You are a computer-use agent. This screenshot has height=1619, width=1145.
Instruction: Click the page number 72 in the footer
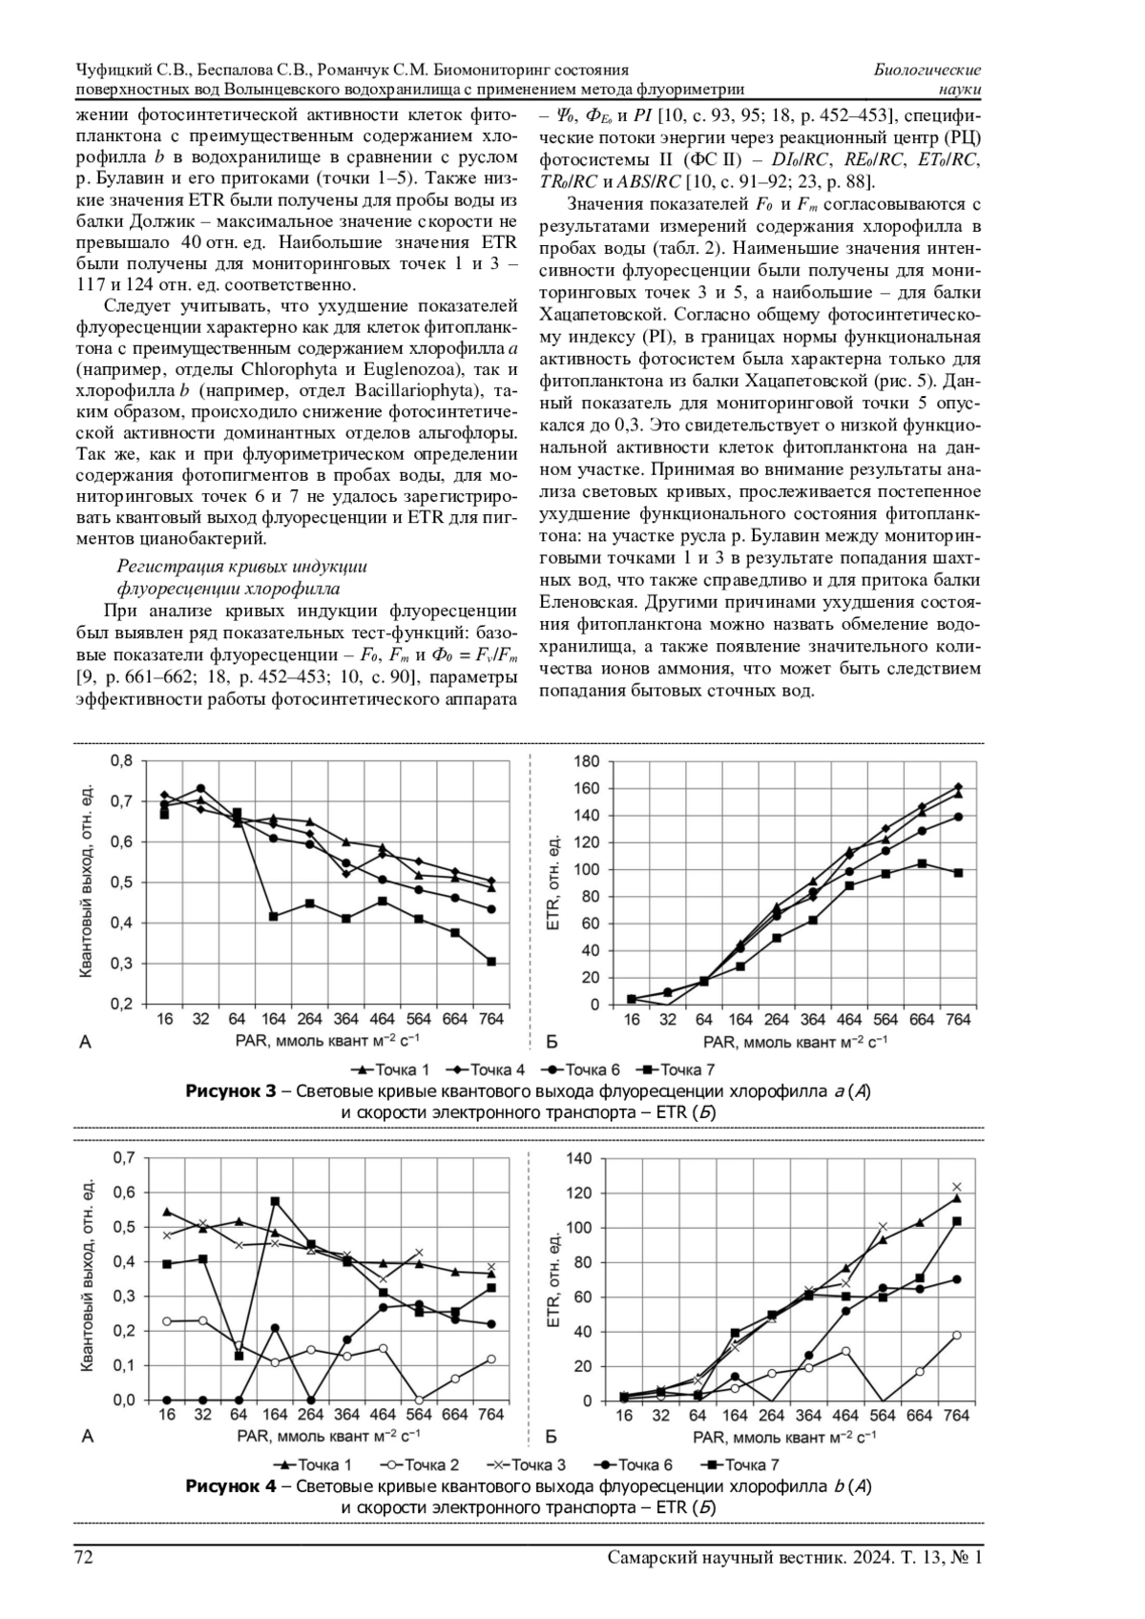coord(84,1558)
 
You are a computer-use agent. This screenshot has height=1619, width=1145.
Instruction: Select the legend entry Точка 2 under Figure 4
coord(423,1464)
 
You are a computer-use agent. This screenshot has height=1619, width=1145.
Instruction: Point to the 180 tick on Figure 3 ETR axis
coord(587,761)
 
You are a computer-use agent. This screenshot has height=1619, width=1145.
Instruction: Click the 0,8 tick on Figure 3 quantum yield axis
coord(121,761)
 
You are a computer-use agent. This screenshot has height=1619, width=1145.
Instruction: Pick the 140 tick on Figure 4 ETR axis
coord(580,1158)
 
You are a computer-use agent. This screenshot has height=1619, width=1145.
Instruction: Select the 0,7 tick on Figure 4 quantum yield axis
coord(124,1158)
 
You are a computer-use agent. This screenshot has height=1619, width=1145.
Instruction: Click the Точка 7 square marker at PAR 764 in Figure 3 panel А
coord(491,962)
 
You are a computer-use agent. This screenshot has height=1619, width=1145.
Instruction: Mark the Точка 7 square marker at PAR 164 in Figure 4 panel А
coord(275,1201)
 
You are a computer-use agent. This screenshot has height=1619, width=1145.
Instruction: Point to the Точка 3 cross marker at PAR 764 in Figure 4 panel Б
coord(957,1187)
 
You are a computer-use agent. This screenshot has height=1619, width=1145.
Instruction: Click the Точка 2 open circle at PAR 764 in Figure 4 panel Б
coord(957,1335)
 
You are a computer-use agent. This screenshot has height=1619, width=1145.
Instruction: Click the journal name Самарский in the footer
coord(652,1558)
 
